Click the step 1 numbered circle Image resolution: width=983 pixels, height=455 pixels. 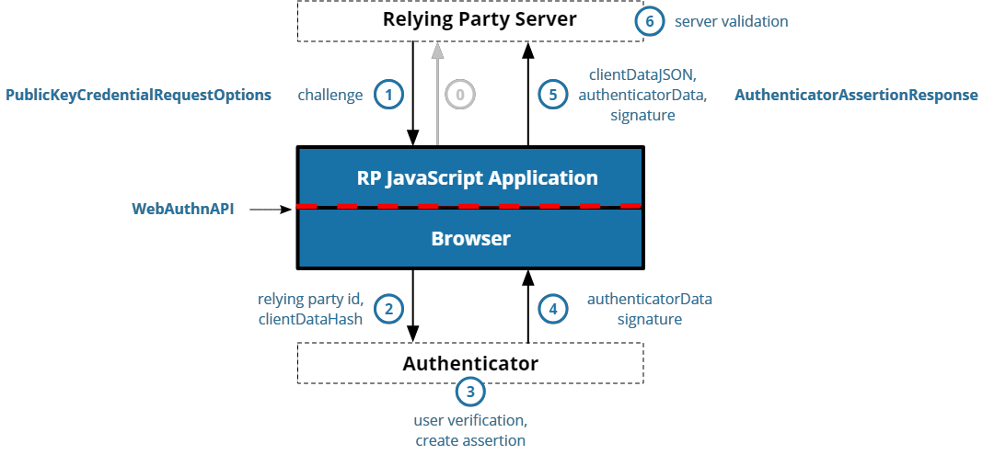click(x=389, y=95)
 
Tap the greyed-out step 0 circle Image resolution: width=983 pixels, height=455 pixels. click(x=460, y=95)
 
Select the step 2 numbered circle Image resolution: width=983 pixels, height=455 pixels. click(x=389, y=309)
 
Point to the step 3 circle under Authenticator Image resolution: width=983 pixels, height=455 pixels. click(x=470, y=392)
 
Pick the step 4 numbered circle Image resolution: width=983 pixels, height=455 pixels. click(x=552, y=309)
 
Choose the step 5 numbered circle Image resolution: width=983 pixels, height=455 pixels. click(x=552, y=95)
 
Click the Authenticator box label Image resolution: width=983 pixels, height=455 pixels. click(x=469, y=363)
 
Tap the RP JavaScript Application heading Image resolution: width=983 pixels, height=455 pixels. click(x=477, y=177)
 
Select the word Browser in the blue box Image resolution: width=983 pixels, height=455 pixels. click(x=470, y=238)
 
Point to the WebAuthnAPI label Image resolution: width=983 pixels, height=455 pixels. click(x=182, y=210)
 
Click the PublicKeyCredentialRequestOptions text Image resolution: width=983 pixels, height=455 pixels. click(x=139, y=95)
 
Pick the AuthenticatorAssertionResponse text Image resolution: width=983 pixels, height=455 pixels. click(x=856, y=95)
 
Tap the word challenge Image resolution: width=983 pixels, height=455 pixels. click(x=330, y=95)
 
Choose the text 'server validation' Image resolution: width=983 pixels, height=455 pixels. click(x=731, y=21)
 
